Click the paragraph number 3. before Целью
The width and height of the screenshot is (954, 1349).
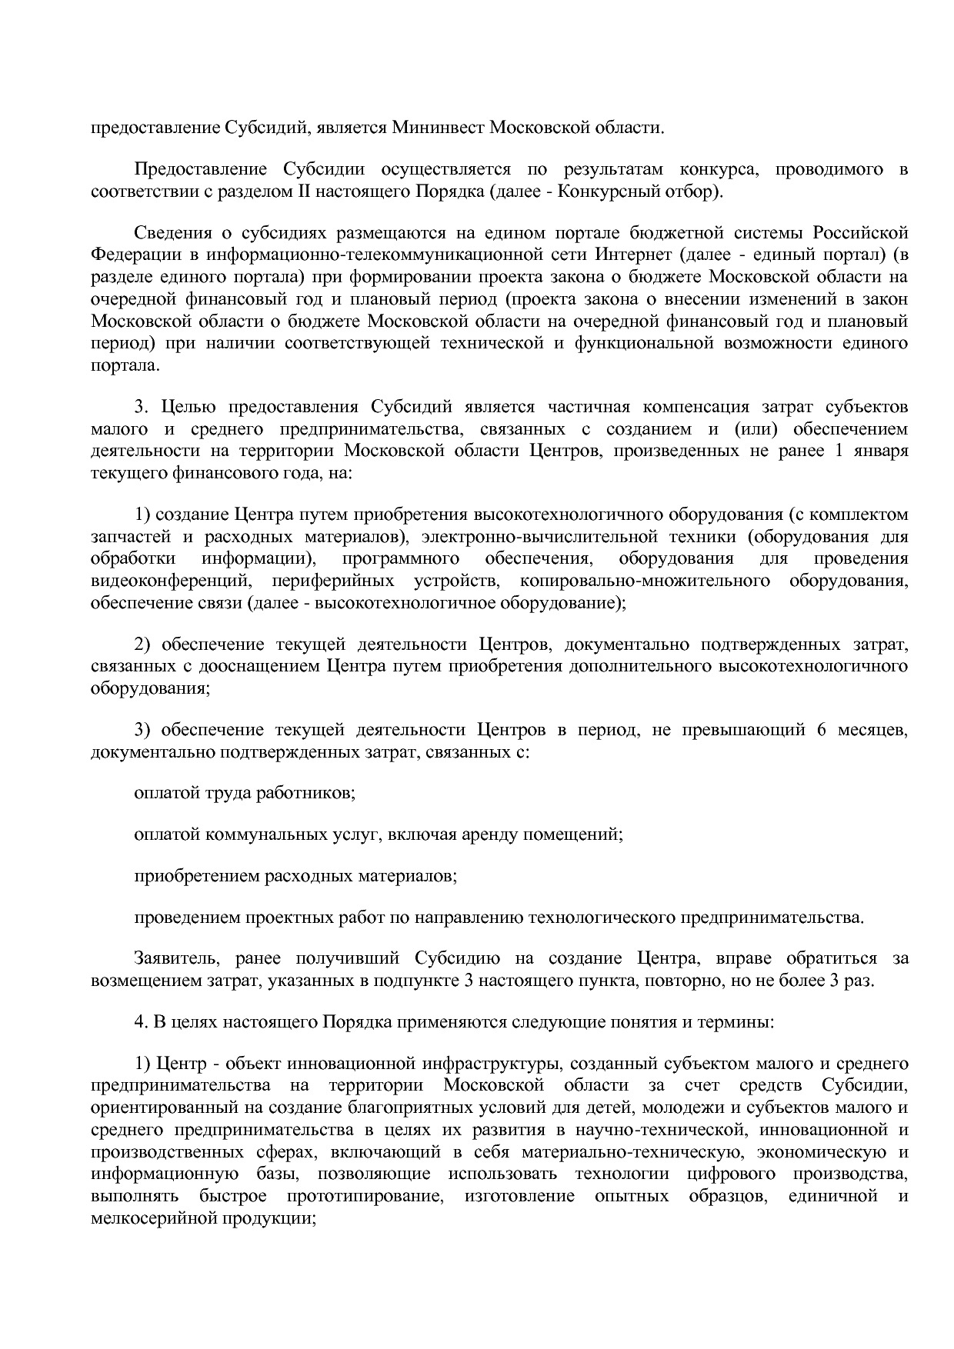141,406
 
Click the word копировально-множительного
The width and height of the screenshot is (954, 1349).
645,581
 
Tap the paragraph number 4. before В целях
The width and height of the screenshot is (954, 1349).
141,1023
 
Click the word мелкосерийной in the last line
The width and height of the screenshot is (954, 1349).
153,1218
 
